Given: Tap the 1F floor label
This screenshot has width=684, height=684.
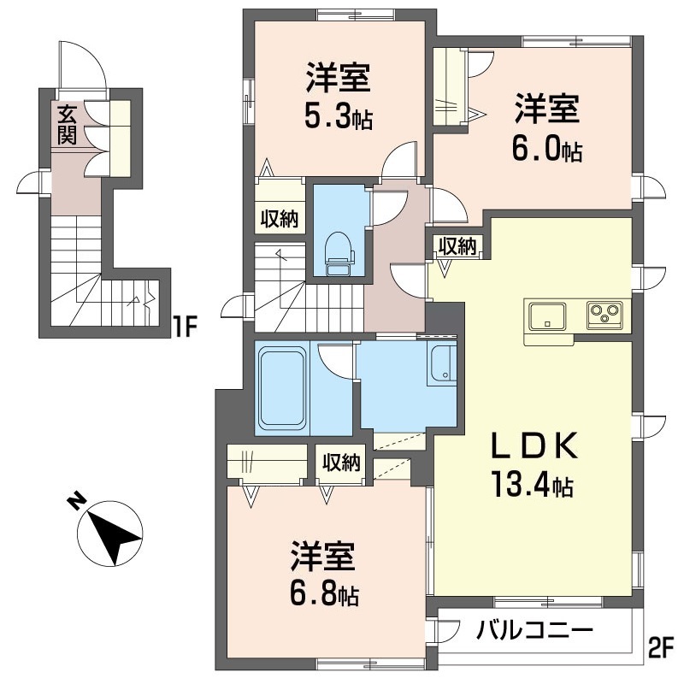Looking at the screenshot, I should [186, 326].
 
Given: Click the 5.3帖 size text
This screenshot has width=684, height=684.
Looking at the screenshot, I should [339, 117].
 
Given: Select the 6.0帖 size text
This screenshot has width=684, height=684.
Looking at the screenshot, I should [547, 150].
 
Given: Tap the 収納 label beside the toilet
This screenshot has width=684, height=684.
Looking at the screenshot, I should [279, 218].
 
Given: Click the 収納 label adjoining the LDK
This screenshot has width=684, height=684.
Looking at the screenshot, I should [457, 246].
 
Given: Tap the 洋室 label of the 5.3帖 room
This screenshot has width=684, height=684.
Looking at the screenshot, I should [339, 79].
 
